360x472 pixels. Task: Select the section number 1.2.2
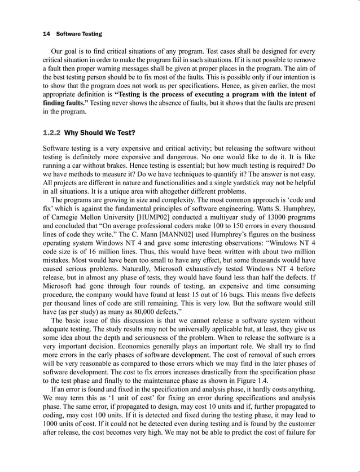click(x=52, y=133)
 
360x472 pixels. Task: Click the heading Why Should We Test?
click(x=100, y=133)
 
